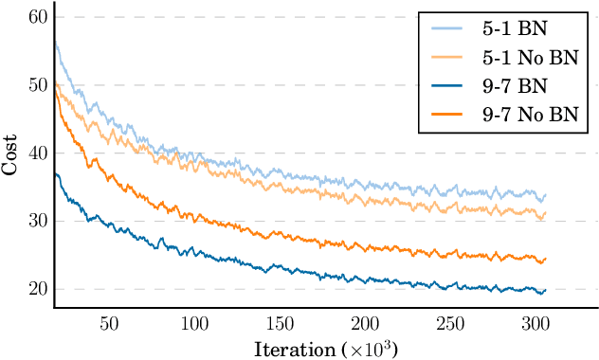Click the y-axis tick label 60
[38, 17]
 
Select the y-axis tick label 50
[38, 85]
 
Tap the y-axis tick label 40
[38, 153]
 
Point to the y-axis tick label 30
[38, 222]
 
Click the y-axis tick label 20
[38, 290]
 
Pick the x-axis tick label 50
[109, 323]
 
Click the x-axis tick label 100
[194, 323]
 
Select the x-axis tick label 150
[280, 323]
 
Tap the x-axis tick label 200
[365, 323]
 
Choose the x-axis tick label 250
[450, 323]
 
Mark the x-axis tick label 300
[535, 323]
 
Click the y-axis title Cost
[9, 153]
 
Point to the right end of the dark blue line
[546, 290]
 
